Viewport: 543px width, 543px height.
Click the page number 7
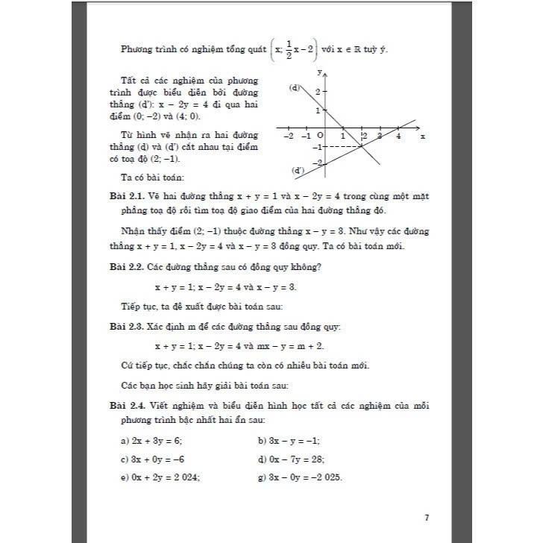426,517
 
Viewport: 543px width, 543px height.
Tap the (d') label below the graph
298,171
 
